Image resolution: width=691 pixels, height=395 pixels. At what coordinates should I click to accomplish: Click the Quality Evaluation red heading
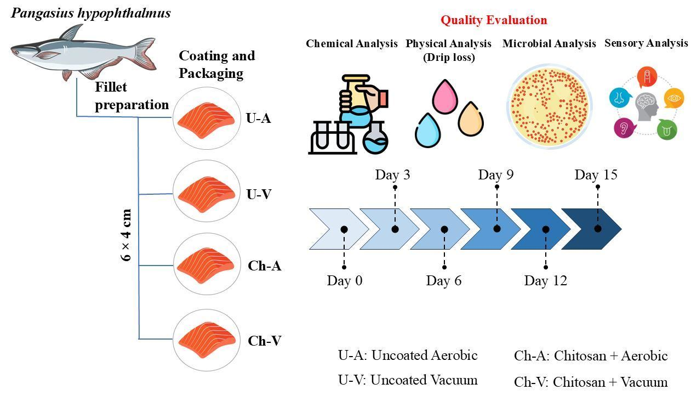tap(494, 20)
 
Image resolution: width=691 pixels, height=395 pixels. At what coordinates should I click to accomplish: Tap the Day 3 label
tap(392, 175)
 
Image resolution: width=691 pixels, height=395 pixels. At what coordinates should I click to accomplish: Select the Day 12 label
tap(545, 281)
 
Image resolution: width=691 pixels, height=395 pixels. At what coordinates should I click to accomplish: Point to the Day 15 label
tap(596, 175)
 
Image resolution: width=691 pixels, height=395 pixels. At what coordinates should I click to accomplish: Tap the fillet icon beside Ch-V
tap(207, 340)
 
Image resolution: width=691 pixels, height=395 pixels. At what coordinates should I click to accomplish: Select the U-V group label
tap(259, 194)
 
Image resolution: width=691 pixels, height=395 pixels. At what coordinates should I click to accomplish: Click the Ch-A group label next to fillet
tap(264, 266)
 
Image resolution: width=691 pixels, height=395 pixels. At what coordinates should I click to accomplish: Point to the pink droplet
tap(445, 97)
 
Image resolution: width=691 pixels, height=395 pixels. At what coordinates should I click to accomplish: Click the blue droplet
tap(427, 130)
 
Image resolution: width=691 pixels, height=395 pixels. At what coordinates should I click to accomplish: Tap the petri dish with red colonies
tap(550, 106)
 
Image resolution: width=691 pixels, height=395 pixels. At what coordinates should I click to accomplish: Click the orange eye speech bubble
tap(673, 98)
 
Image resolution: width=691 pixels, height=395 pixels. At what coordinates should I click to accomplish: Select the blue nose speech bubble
tap(619, 98)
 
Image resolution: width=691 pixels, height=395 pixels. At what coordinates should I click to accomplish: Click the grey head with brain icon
tap(647, 106)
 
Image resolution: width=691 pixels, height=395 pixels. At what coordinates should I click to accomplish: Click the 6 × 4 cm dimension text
tap(126, 235)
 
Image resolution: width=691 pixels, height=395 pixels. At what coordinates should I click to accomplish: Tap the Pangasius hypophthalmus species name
tap(91, 13)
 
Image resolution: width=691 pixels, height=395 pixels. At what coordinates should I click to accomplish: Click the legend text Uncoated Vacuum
tap(424, 380)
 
